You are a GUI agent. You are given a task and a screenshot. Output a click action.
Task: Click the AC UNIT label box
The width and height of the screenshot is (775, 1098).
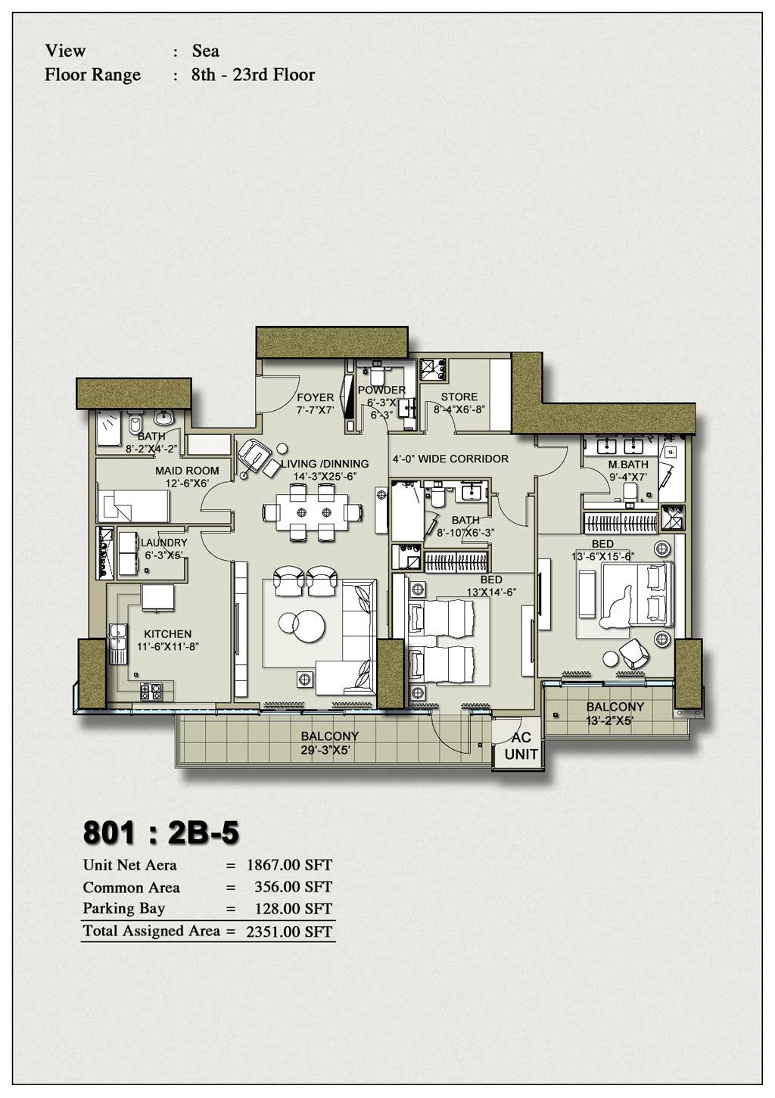[521, 745]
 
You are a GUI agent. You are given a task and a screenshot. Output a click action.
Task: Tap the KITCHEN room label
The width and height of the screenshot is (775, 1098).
[168, 634]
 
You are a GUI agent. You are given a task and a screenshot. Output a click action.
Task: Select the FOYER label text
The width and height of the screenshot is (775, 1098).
[316, 397]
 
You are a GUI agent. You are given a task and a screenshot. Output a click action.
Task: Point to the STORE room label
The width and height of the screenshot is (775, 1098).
[459, 397]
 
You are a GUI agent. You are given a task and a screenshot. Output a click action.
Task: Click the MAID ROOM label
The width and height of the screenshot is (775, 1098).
[187, 471]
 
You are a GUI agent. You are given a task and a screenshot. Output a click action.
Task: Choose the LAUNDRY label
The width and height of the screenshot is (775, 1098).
[164, 543]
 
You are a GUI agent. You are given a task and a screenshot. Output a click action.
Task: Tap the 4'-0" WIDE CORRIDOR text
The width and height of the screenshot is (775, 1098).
[450, 459]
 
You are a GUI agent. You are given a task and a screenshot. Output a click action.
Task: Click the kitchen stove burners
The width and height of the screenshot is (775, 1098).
[150, 691]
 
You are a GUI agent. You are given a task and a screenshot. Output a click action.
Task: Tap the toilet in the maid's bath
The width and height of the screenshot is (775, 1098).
[135, 421]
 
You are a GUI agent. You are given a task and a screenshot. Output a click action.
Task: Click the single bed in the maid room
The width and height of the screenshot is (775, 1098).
[133, 504]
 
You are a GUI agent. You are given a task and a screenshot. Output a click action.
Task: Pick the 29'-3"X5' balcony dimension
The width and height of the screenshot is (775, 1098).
[329, 751]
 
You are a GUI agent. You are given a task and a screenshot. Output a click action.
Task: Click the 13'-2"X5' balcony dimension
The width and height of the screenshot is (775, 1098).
[610, 721]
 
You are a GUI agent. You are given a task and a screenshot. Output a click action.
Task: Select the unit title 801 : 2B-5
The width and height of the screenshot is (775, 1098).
[160, 832]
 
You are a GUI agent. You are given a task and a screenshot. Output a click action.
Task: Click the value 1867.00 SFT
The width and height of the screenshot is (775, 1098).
[289, 865]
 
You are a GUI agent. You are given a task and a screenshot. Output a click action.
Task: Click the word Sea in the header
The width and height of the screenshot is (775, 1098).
[206, 51]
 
